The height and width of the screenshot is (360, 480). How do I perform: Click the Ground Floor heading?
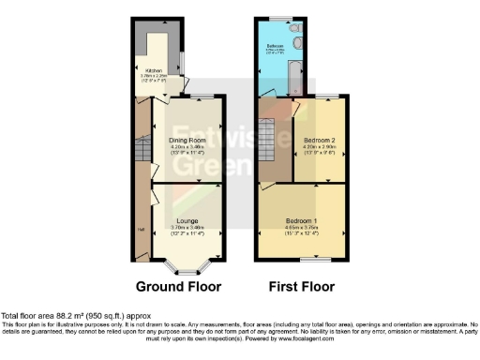coord(178,286)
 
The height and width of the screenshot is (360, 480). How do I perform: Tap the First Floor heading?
coord(302,286)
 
